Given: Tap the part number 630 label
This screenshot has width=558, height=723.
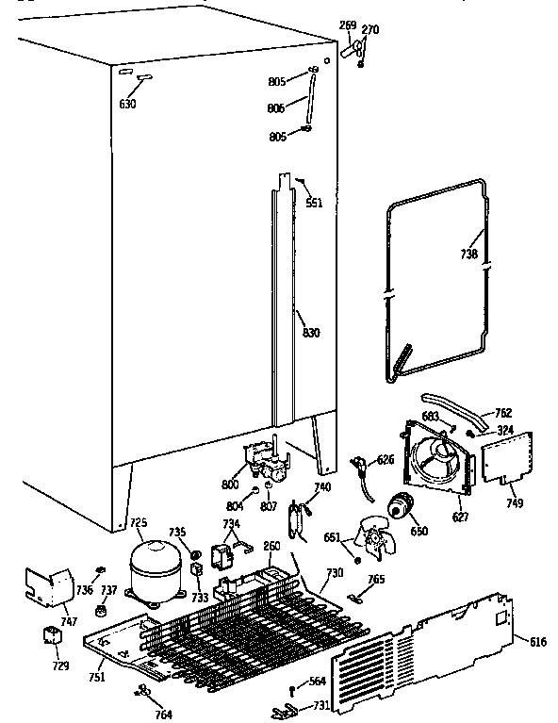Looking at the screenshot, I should (127, 104).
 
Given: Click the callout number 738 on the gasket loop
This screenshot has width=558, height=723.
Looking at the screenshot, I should (469, 255).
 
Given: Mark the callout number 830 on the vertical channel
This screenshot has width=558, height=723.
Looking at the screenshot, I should (310, 331).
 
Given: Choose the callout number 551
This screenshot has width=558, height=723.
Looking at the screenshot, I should (313, 203).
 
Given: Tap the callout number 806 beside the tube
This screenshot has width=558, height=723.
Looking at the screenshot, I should (277, 109).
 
